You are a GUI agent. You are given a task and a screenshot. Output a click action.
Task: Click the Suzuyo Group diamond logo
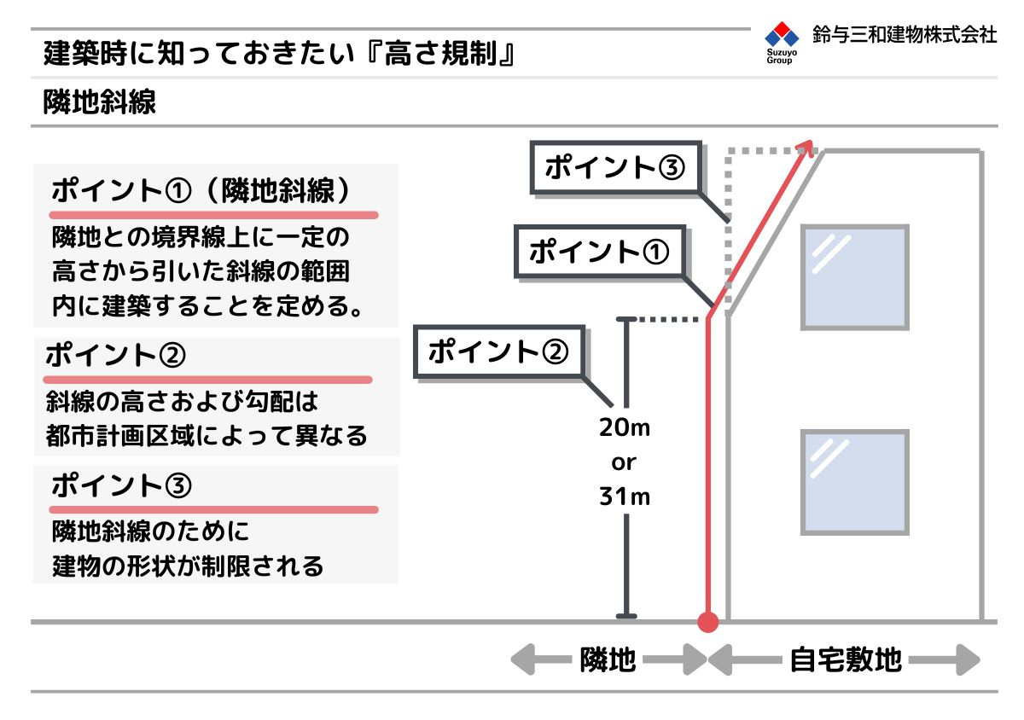782,34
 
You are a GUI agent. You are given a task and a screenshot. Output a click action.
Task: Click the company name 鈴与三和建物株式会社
905,35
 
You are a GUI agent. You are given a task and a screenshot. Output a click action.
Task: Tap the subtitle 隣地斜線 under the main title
100,102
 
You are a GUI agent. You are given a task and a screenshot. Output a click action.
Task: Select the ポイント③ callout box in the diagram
616,167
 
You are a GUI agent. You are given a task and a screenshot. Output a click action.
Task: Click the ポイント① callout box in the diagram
600,252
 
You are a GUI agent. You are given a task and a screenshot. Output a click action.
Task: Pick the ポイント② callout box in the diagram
499,351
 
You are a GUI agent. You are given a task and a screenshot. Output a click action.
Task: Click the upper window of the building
855,277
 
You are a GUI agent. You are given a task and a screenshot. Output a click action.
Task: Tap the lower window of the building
855,482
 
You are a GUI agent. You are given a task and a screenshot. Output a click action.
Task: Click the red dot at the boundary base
708,622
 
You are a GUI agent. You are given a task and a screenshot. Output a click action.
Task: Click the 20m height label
625,428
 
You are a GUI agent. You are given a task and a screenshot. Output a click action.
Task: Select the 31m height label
625,496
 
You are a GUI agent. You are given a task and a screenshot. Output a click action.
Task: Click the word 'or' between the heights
624,463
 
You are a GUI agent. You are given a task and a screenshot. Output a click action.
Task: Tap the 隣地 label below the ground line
608,659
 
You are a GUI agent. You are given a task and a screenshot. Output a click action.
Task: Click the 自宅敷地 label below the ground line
847,659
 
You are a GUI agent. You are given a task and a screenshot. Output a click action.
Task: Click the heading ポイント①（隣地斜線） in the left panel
201,190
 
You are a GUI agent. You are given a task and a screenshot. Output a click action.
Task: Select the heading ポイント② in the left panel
116,355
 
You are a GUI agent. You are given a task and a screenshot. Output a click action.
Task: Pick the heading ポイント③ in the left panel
121,485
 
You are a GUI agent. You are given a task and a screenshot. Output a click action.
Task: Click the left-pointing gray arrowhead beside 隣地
523,659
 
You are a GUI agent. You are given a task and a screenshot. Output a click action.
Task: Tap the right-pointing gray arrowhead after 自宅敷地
968,659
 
